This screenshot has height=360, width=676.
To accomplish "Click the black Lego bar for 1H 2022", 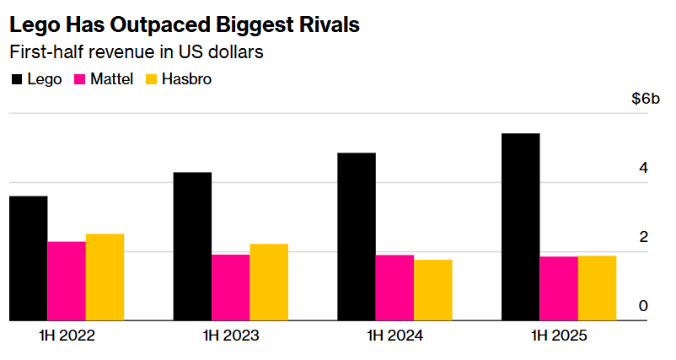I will coord(28,258).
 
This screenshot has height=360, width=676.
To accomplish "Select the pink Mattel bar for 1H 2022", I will coord(67,281).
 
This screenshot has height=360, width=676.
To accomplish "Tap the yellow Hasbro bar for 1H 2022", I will coord(105,277).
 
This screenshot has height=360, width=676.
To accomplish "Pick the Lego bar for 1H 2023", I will coord(192,246).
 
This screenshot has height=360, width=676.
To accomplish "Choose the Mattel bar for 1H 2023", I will coord(230,287).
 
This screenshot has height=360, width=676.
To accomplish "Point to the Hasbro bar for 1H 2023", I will coord(269,282).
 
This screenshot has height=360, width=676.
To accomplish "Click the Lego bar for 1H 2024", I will coord(357,236).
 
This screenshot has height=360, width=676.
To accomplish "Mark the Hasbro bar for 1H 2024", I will coord(433,289).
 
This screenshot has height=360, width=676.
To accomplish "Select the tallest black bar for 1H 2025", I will coord(520,227).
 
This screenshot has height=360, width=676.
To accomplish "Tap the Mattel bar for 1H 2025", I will coord(559,288).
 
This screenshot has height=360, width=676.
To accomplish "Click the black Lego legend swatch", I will coord(17,80).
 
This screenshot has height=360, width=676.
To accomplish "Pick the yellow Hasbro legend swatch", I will coord(153,80).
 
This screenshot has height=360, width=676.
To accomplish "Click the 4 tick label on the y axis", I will coord(644,168).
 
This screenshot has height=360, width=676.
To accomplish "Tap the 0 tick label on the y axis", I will coord(644,305).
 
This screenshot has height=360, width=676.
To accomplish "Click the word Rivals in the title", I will coord(330,25).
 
